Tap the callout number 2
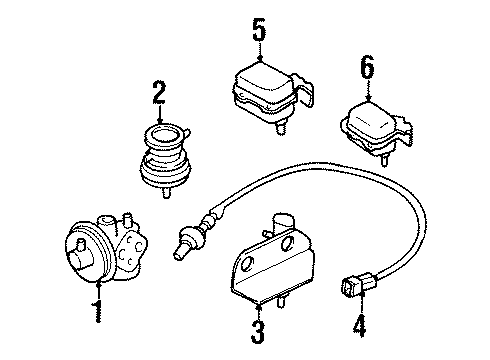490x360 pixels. click(157, 95)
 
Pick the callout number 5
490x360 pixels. click(259, 30)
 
